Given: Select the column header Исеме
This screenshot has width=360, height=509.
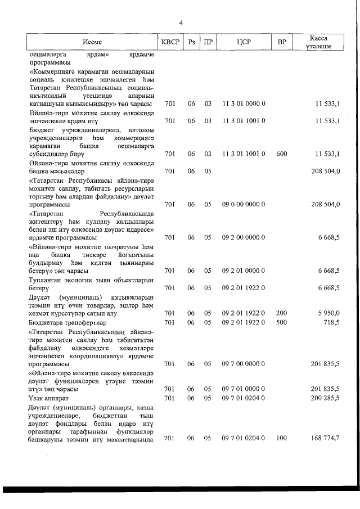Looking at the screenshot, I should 92,42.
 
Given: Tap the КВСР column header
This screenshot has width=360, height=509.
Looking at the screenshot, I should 170,42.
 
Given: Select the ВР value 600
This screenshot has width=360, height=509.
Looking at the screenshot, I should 282,154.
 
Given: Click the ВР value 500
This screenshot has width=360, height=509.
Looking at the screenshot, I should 282,322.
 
